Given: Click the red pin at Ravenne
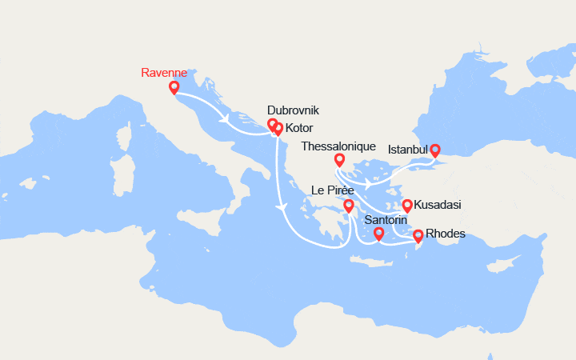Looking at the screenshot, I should (x=174, y=87).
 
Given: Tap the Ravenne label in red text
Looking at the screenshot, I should (x=165, y=72).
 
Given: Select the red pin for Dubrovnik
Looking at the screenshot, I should (x=272, y=124).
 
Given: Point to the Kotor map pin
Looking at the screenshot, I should (x=278, y=128).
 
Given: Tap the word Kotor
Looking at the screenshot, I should (x=299, y=128).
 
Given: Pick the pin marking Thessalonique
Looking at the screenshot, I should (x=340, y=159).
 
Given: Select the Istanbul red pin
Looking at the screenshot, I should (x=435, y=150).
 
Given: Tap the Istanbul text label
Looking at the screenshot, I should (x=408, y=150).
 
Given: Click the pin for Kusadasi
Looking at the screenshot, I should (x=406, y=205).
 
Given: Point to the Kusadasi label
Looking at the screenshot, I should (x=437, y=206).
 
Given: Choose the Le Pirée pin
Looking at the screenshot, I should (x=349, y=206).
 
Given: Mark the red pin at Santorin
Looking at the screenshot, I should (x=379, y=234).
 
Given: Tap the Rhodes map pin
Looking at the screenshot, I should (x=418, y=235).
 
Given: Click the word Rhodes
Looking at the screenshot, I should (x=446, y=234).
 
